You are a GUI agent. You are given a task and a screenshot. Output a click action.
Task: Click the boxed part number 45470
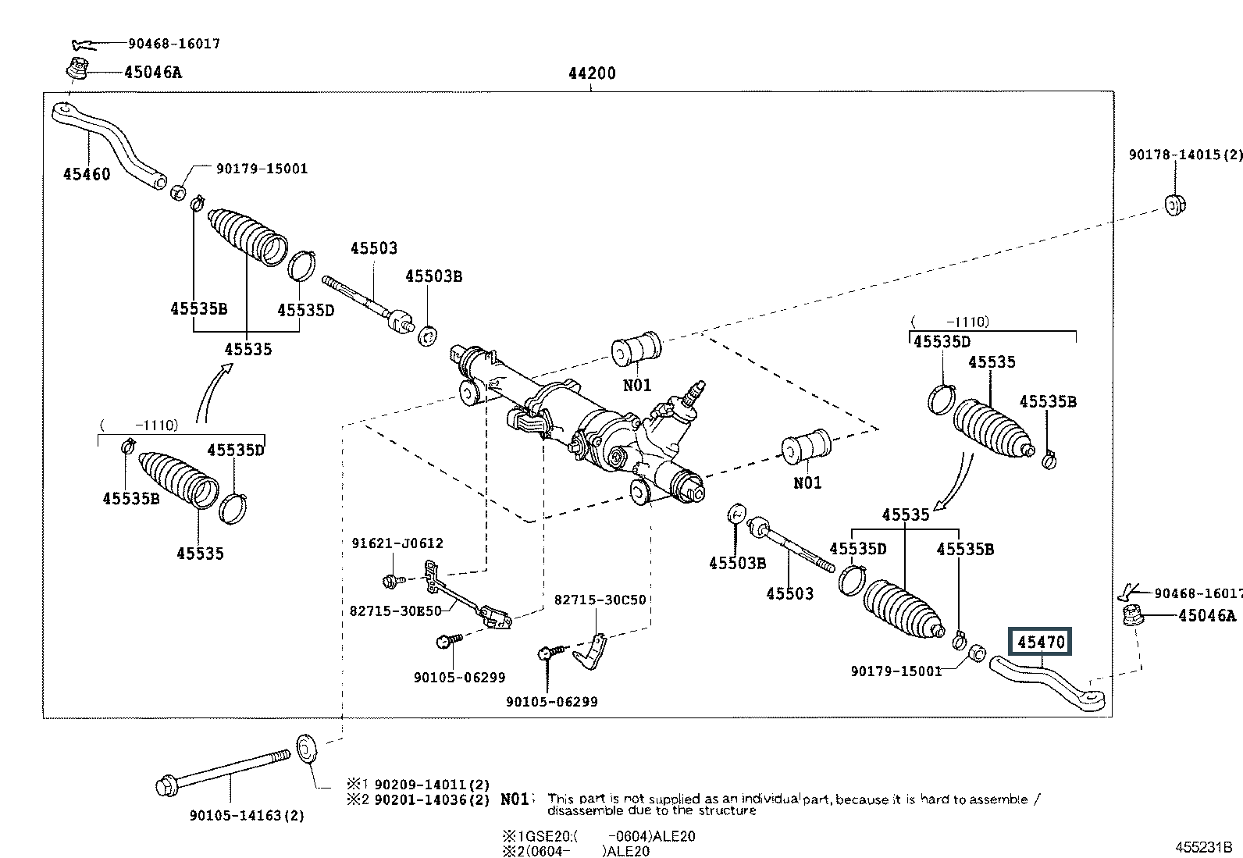point(1041,643)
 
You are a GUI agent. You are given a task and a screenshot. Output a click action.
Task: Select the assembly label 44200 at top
point(592,73)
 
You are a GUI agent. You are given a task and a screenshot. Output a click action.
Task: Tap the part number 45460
point(87,174)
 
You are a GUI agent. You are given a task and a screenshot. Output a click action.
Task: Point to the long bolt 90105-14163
point(226,770)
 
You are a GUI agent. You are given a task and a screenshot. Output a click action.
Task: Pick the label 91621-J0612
point(397,543)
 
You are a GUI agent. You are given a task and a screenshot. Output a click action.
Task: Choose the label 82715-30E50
point(397,611)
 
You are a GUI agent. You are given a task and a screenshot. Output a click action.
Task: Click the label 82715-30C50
point(600,600)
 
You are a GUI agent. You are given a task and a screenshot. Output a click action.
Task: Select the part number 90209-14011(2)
point(431,784)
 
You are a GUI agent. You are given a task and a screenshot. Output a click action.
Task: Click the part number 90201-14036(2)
point(431,799)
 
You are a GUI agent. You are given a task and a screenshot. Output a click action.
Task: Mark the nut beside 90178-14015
point(1174,205)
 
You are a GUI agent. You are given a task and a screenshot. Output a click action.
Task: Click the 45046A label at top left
point(152,73)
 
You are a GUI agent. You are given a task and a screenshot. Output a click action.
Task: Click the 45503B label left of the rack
point(433,276)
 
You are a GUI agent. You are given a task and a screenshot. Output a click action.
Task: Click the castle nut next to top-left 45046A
point(77,69)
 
